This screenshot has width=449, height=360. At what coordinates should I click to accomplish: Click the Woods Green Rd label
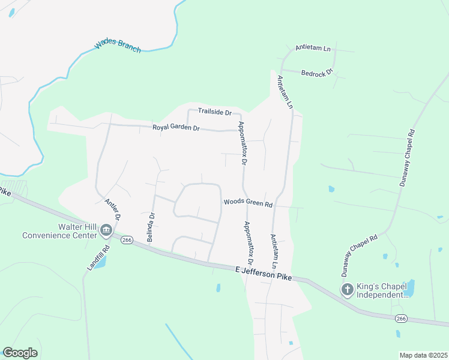click(x=248, y=203)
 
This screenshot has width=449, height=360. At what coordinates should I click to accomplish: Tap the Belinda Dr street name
click(x=151, y=227)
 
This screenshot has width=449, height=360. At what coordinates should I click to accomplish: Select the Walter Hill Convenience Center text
click(x=59, y=230)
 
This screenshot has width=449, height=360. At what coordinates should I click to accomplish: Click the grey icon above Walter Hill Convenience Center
click(x=106, y=230)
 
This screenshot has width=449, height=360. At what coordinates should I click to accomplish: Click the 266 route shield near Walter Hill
click(x=126, y=240)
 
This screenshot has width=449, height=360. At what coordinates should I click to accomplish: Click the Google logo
click(x=20, y=353)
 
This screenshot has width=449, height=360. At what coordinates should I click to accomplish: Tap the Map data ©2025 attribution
click(x=423, y=355)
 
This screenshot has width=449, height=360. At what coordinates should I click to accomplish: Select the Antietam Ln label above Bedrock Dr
click(x=313, y=48)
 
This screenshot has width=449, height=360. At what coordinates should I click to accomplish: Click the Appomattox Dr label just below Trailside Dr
click(x=243, y=144)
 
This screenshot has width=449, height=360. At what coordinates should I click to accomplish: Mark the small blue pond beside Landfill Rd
click(x=100, y=262)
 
